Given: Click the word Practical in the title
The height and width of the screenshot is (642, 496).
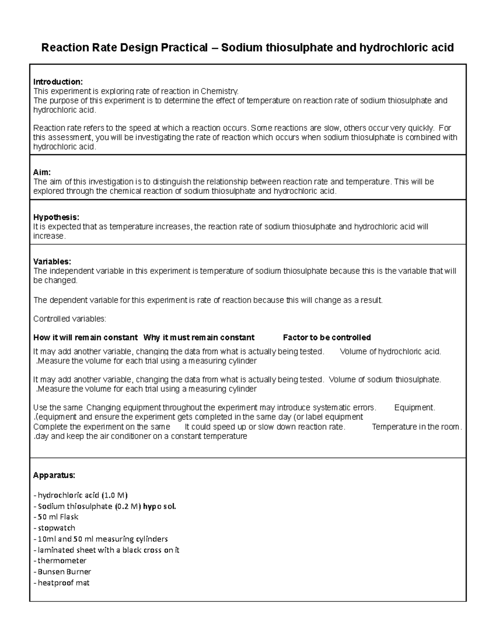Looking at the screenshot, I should (184, 48).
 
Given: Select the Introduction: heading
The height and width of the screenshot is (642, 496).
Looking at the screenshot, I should (58, 82).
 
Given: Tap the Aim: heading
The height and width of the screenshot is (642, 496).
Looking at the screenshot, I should (42, 172).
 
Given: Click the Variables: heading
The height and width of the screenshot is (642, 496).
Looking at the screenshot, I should (52, 262).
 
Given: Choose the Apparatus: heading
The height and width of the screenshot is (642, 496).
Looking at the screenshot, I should (54, 475).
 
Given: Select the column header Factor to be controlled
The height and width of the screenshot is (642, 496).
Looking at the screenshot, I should (327, 338).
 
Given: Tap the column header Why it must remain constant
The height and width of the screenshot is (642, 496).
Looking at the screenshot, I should (199, 338).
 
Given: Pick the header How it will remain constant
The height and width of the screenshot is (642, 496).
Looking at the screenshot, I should (85, 338).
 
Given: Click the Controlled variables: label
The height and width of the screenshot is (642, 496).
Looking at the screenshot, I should (69, 319).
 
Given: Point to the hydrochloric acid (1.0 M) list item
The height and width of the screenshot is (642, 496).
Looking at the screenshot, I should (82, 495).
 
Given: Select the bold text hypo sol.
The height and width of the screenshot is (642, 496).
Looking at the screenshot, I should (160, 506).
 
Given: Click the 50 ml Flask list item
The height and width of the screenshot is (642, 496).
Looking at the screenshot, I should (58, 517).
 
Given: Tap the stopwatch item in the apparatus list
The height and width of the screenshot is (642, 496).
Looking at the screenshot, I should (56, 528).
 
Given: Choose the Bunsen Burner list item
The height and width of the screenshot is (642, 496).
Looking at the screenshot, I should (64, 572).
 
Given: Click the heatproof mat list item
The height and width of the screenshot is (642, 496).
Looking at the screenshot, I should (63, 583).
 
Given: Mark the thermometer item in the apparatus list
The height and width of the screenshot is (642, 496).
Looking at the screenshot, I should (62, 561).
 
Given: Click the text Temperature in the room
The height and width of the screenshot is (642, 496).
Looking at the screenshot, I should (417, 427).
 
